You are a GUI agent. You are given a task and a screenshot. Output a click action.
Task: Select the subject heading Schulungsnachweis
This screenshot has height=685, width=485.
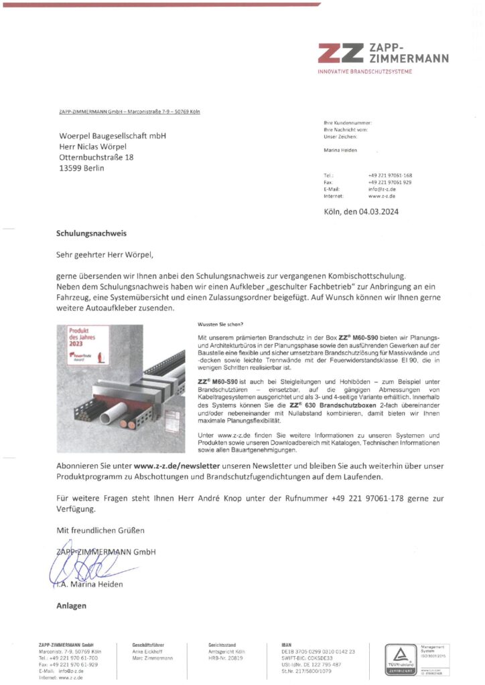91,234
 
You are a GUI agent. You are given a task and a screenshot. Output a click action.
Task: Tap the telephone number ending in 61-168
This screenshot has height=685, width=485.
390,175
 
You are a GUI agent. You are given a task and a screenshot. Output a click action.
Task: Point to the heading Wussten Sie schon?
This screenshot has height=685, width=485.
216,324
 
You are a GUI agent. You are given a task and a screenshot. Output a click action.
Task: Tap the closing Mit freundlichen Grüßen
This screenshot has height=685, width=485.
100,530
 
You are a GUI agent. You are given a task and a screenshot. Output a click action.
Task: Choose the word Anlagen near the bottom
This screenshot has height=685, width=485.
72,606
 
